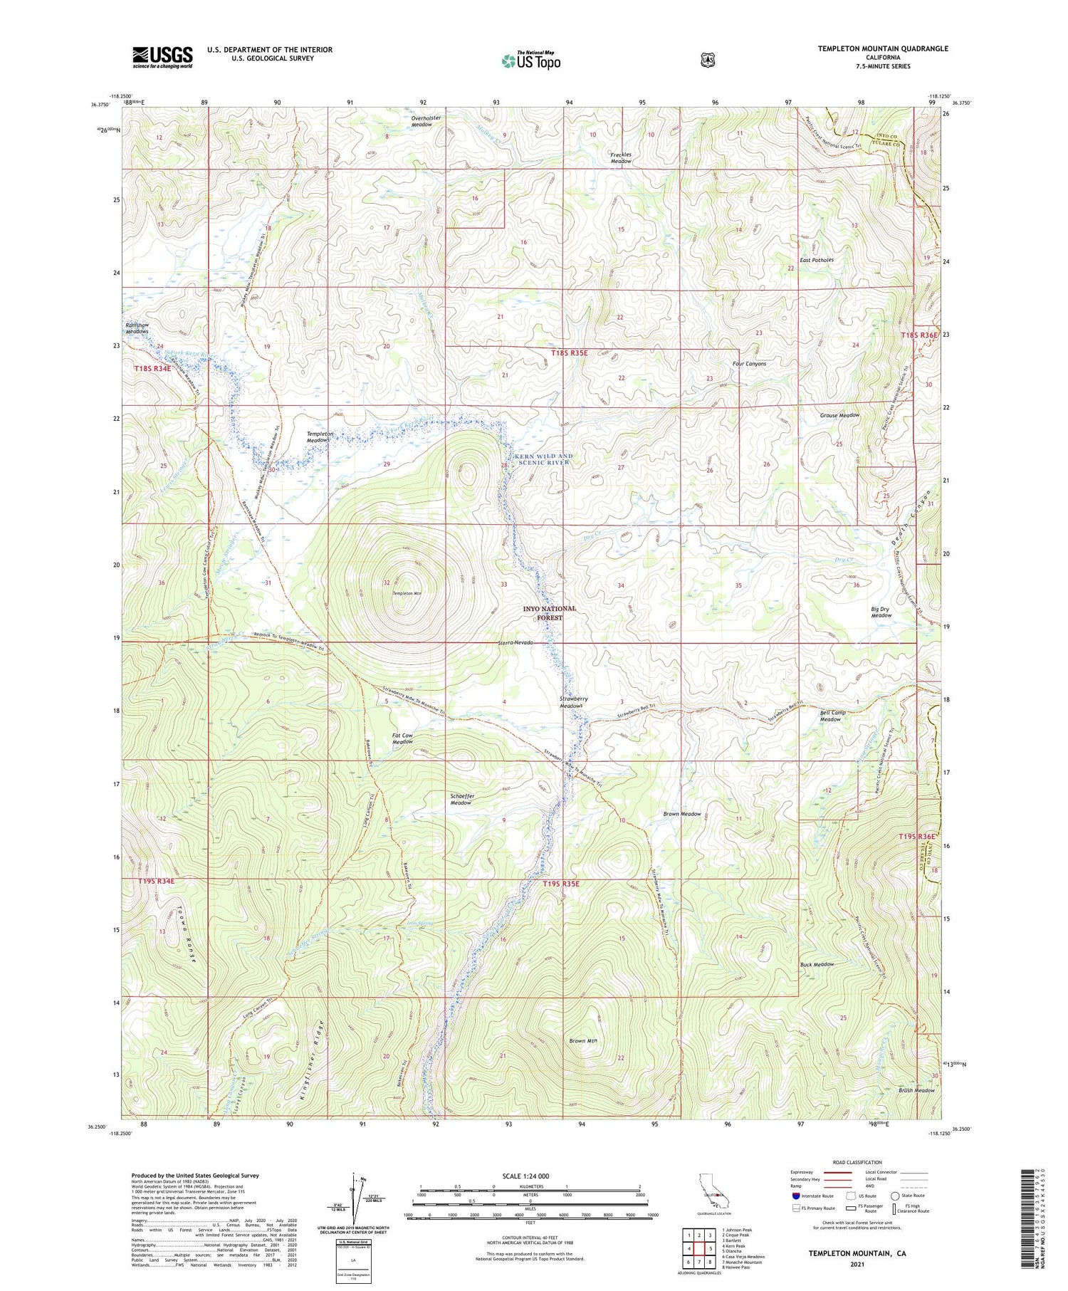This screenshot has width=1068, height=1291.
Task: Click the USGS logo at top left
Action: click(162, 57)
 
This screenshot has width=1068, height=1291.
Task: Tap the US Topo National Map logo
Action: click(531, 61)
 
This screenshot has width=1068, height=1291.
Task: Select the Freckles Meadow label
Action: click(621, 157)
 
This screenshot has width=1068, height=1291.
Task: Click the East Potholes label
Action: click(816, 260)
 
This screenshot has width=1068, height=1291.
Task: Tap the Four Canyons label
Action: click(749, 364)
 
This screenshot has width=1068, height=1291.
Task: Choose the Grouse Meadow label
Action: click(839, 415)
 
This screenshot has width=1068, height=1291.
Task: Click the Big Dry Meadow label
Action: click(881, 612)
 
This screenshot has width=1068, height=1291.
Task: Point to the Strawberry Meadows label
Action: click(574, 702)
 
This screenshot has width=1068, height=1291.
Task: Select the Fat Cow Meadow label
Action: click(402, 738)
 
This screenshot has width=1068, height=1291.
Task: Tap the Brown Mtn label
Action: click(582, 1040)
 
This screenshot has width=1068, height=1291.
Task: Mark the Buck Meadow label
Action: click(817, 964)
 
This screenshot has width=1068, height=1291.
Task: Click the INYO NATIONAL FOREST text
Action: click(549, 613)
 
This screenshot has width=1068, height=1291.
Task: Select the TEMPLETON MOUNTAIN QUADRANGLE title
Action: click(883, 48)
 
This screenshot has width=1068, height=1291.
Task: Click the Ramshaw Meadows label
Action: click(137, 328)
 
